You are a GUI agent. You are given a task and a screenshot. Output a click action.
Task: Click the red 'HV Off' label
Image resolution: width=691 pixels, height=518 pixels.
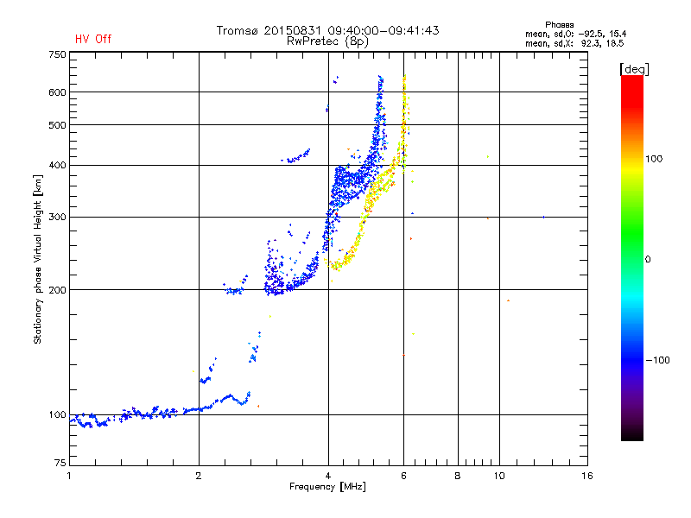92,39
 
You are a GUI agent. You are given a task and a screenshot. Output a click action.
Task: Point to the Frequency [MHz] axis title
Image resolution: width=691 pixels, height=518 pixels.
327,487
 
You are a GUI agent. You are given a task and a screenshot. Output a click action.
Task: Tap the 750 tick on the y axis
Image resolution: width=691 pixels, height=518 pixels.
57,54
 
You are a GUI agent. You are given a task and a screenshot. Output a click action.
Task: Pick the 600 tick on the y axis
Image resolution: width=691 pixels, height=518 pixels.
57,92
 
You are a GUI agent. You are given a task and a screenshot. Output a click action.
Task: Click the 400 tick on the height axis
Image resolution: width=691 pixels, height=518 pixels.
57,165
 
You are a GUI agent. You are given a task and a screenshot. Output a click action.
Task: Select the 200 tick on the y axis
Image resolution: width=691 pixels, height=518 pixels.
57,289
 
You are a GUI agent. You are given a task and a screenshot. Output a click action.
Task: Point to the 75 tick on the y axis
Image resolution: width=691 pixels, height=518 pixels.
60,465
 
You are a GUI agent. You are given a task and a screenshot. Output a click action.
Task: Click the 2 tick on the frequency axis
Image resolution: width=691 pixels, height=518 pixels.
199,476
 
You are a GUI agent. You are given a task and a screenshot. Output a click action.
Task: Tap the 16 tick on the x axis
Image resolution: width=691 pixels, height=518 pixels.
586,476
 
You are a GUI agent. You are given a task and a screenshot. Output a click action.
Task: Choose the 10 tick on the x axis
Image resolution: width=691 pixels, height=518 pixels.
498,476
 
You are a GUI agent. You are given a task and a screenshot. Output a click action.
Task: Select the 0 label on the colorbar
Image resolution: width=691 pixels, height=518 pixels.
649,259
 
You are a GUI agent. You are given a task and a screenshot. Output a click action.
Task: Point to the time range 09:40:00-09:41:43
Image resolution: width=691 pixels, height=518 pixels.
381,30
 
